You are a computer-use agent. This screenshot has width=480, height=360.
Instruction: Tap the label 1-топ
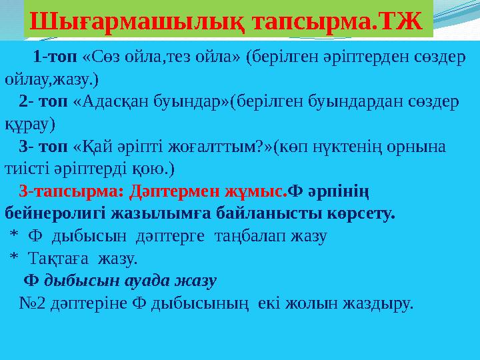pos(55,56)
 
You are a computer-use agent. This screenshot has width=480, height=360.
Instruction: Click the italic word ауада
pos(148,281)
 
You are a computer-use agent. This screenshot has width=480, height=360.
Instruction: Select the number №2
pos(33,303)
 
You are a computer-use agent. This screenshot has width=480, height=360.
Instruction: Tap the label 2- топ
pos(43,101)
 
